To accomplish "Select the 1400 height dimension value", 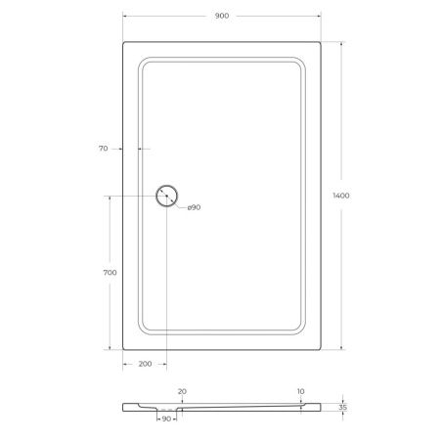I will [341, 196].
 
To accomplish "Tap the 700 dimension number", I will [110, 273].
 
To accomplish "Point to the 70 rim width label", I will [103, 149].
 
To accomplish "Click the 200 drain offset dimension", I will [144, 364].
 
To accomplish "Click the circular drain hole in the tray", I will [167, 196].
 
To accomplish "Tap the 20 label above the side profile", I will [182, 391].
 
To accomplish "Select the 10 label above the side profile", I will [300, 391].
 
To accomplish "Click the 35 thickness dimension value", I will [341, 407].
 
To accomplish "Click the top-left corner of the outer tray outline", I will [124, 41].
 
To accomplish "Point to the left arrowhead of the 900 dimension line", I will [125, 17].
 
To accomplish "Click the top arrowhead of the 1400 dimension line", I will [340, 43].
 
